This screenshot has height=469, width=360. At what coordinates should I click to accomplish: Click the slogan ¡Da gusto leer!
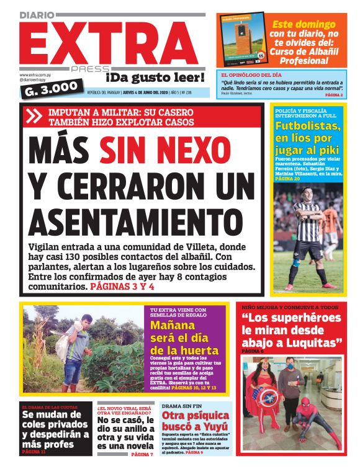coord(155,78)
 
